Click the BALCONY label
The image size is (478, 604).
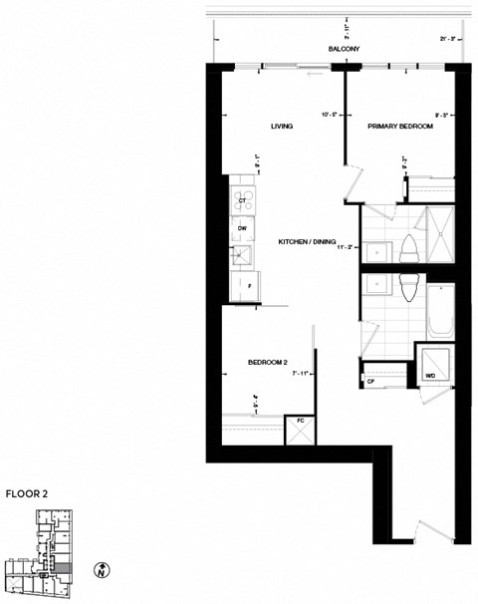click(343, 49)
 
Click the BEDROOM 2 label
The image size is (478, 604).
click(267, 362)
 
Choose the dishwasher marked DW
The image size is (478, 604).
click(242, 228)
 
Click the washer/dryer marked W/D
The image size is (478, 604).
click(431, 374)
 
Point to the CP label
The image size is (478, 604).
click(370, 380)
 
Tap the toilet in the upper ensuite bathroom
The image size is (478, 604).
click(407, 250)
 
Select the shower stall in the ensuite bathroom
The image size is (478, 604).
click(435, 233)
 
